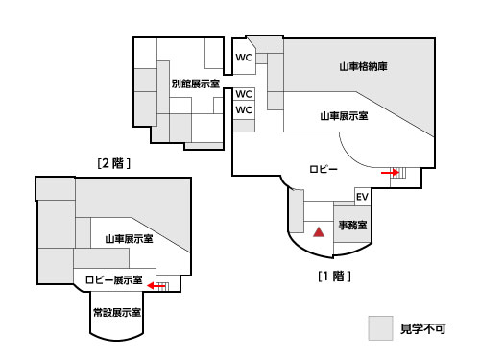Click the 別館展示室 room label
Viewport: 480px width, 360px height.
click(x=195, y=84)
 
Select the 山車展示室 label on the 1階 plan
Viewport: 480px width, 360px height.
click(x=344, y=115)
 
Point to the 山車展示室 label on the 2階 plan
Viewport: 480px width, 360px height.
click(x=130, y=238)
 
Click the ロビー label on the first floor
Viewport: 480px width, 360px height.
click(x=324, y=168)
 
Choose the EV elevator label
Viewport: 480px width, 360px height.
click(x=362, y=198)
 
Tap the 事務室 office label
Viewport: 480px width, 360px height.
click(x=354, y=226)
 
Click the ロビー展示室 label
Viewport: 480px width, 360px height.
click(x=113, y=280)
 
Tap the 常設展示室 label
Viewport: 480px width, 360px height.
click(x=117, y=313)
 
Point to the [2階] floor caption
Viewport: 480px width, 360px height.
click(x=113, y=163)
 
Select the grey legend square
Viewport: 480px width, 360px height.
click(x=381, y=328)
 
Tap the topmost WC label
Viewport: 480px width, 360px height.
click(x=244, y=58)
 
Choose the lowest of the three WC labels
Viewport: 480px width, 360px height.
click(x=244, y=110)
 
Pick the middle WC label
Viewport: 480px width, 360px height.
click(x=244, y=94)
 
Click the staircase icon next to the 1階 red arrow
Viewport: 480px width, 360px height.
click(x=401, y=173)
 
